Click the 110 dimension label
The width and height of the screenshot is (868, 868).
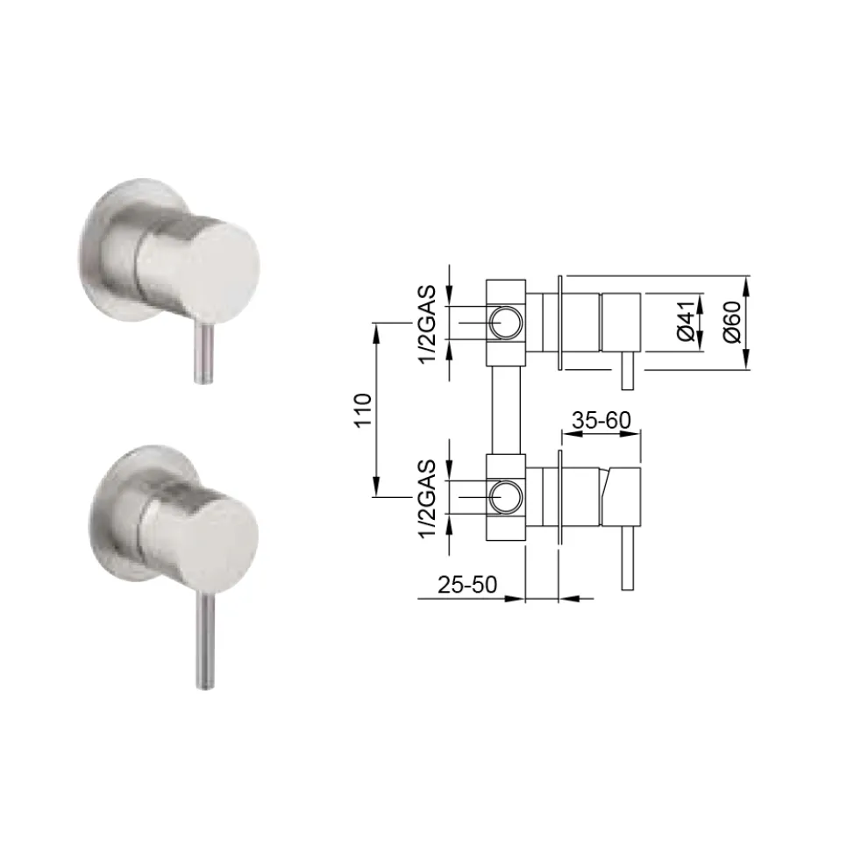tap(363, 409)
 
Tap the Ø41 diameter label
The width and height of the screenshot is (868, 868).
tap(686, 322)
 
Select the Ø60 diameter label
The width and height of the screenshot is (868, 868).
tap(732, 322)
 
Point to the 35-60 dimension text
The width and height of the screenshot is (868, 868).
tap(601, 421)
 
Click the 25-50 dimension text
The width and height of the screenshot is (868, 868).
tap(467, 585)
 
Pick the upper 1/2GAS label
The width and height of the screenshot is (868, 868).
tap(428, 324)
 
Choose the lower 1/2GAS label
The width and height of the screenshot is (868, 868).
tap(428, 499)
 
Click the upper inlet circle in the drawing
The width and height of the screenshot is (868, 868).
tap(505, 323)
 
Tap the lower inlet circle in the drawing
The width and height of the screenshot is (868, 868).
tap(505, 497)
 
